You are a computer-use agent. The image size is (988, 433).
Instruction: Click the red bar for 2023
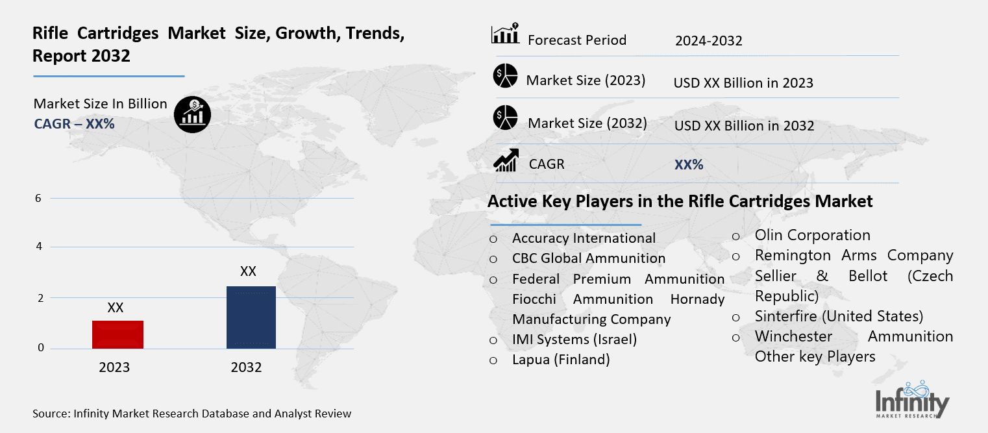tap(117, 334)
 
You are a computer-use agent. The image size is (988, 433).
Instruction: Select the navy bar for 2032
tap(251, 317)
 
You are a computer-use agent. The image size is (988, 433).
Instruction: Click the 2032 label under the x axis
tap(246, 367)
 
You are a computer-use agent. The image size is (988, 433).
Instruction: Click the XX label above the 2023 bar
tap(116, 308)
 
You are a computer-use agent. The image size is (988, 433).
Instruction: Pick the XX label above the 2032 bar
tap(248, 271)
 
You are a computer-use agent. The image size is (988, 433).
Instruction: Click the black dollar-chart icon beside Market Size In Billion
tap(192, 115)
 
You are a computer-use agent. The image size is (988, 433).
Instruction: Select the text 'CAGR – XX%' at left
tap(74, 123)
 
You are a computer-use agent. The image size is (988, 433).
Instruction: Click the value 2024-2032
tap(708, 41)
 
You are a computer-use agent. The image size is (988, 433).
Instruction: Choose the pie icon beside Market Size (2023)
tap(504, 76)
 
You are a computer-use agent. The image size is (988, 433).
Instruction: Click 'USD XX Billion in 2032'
tap(744, 125)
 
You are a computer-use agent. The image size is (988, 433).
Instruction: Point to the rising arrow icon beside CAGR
tap(505, 160)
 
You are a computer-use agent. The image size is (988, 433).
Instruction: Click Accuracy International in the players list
tap(584, 238)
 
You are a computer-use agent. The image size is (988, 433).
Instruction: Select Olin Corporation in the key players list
tap(812, 235)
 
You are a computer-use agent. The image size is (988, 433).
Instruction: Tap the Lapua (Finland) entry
tap(561, 359)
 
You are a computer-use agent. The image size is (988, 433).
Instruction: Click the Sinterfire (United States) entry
tap(839, 316)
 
